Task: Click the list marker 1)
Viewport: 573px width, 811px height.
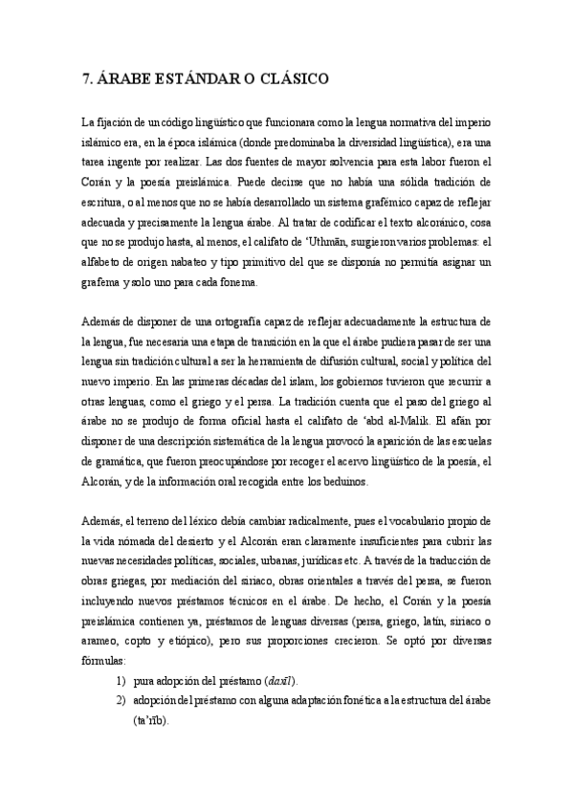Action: coord(121,681)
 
